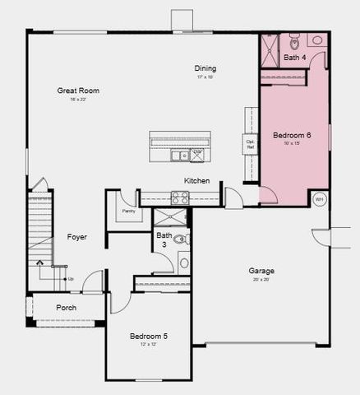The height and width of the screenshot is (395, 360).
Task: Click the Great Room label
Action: [x=78, y=91]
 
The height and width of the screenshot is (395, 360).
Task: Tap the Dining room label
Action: [x=205, y=67]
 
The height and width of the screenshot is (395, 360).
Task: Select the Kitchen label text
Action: [x=196, y=181]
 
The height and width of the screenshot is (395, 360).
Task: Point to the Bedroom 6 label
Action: [x=292, y=135]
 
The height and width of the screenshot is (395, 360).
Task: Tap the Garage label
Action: [x=261, y=271]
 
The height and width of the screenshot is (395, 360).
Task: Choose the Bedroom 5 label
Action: [x=148, y=337]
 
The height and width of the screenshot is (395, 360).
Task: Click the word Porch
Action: [x=66, y=308]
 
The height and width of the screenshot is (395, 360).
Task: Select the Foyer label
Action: [x=77, y=237]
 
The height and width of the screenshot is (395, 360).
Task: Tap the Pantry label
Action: [x=128, y=211]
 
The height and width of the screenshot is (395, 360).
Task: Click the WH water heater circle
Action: [x=320, y=199]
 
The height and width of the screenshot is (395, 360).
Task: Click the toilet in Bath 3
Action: [x=179, y=239]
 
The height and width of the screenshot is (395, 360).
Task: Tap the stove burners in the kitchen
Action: [x=179, y=197]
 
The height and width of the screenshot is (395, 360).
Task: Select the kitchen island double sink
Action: [x=180, y=155]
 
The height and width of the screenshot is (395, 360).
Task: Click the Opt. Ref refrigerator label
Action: [x=251, y=145]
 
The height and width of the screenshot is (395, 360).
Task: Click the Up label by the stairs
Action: [x=71, y=279]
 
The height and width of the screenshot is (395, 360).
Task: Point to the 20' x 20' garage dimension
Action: [x=261, y=280]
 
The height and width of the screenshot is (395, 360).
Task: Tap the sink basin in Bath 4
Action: [x=316, y=39]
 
